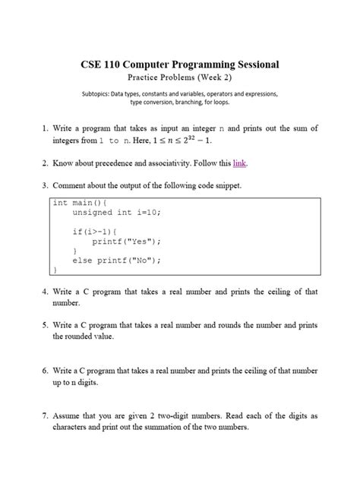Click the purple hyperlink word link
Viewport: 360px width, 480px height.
pos(240,163)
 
